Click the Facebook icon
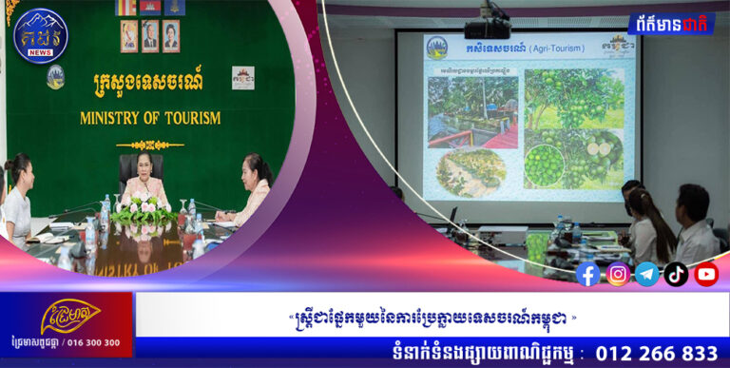588,275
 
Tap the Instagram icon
618,275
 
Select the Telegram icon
647,275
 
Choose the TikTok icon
676,275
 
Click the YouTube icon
706,275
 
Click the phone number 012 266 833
656,353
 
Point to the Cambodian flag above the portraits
150,7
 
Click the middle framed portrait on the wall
150,34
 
